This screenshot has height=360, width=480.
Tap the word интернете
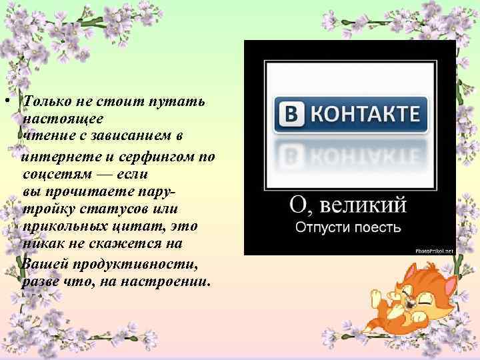(x=57, y=157)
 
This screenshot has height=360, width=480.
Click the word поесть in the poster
(x=379, y=227)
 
